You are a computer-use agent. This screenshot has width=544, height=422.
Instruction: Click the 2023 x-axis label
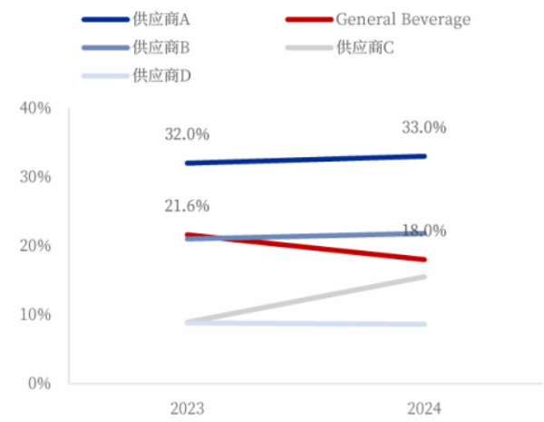(x=187, y=407)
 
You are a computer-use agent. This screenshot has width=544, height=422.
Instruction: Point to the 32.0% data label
(x=187, y=134)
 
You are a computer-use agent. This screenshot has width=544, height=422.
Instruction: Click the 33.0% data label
(x=423, y=128)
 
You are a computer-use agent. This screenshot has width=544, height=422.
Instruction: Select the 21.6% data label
(x=187, y=208)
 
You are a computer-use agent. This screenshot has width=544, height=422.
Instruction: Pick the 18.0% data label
(x=423, y=231)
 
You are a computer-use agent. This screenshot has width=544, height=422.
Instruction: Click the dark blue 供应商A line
(x=306, y=160)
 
